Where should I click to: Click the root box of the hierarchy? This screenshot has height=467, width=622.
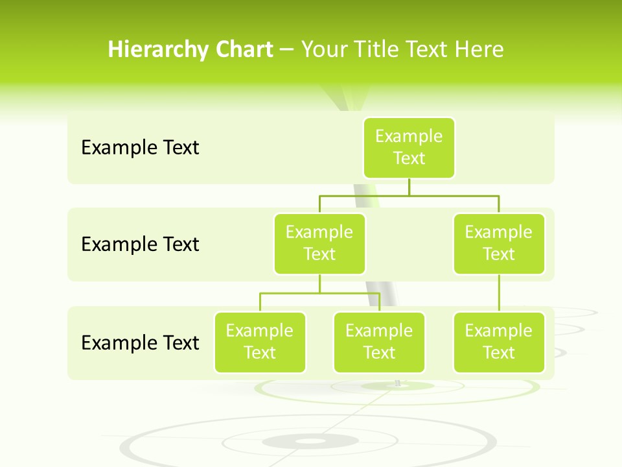point(409,148)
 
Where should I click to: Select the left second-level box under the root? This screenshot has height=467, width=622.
point(319,244)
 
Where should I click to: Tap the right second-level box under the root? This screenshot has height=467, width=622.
point(499,244)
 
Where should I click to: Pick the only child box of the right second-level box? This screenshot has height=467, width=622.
point(499,342)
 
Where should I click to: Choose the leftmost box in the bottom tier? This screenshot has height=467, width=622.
point(260,342)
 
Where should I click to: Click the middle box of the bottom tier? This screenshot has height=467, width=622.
point(379,342)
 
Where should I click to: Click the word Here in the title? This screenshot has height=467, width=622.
point(479,50)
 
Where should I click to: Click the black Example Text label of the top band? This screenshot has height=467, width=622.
point(140,148)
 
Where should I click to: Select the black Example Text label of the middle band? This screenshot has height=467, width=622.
point(140,245)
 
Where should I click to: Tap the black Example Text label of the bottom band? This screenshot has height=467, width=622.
point(140,342)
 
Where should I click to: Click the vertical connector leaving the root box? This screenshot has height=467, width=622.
point(409,187)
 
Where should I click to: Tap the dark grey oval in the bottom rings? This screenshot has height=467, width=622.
point(311,442)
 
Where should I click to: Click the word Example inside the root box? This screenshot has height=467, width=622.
point(409,137)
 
